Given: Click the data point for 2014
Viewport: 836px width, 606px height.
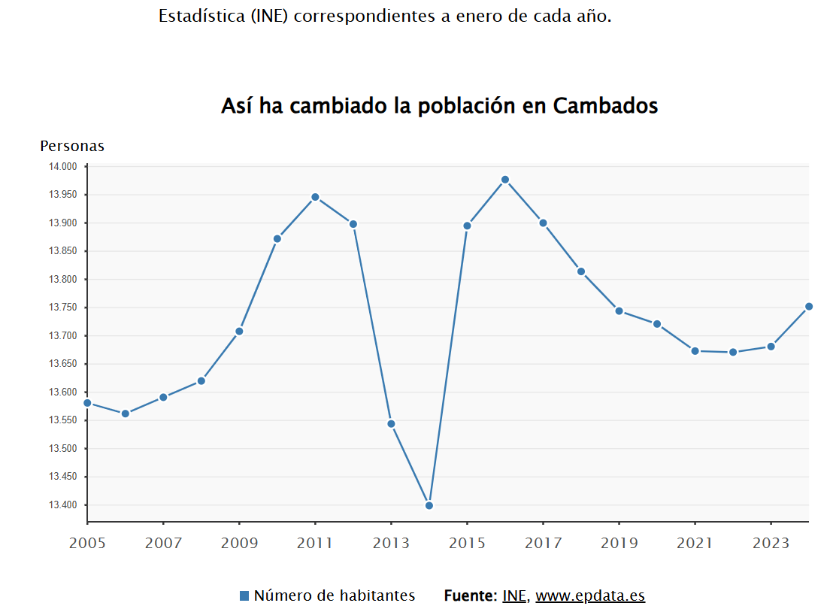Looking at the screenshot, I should tap(429, 505).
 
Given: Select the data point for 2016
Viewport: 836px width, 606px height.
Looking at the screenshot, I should tap(505, 180).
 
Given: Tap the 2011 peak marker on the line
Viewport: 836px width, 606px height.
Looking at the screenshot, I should tap(315, 197).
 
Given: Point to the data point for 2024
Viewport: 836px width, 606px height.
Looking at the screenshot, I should tap(809, 306).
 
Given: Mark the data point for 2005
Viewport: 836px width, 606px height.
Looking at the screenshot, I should tap(87, 403).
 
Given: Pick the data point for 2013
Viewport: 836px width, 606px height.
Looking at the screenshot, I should tap(391, 424).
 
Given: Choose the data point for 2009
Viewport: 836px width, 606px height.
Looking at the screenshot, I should tap(239, 332).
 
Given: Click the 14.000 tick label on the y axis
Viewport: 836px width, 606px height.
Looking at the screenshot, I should tap(63, 166).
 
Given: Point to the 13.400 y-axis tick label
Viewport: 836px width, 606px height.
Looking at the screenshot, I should tap(63, 505).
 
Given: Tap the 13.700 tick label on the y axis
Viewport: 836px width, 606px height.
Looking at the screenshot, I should tap(63, 336).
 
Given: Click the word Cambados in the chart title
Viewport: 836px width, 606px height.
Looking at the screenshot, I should tap(605, 106).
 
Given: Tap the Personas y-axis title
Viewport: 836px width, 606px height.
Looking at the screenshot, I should tap(72, 147).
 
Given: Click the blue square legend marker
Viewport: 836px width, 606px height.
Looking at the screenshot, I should tap(244, 596).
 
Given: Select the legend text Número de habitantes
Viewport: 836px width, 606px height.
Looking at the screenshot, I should tap(334, 596).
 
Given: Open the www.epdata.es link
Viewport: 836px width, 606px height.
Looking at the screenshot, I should tap(590, 596).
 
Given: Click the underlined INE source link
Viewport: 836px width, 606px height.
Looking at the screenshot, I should tap(515, 596).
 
